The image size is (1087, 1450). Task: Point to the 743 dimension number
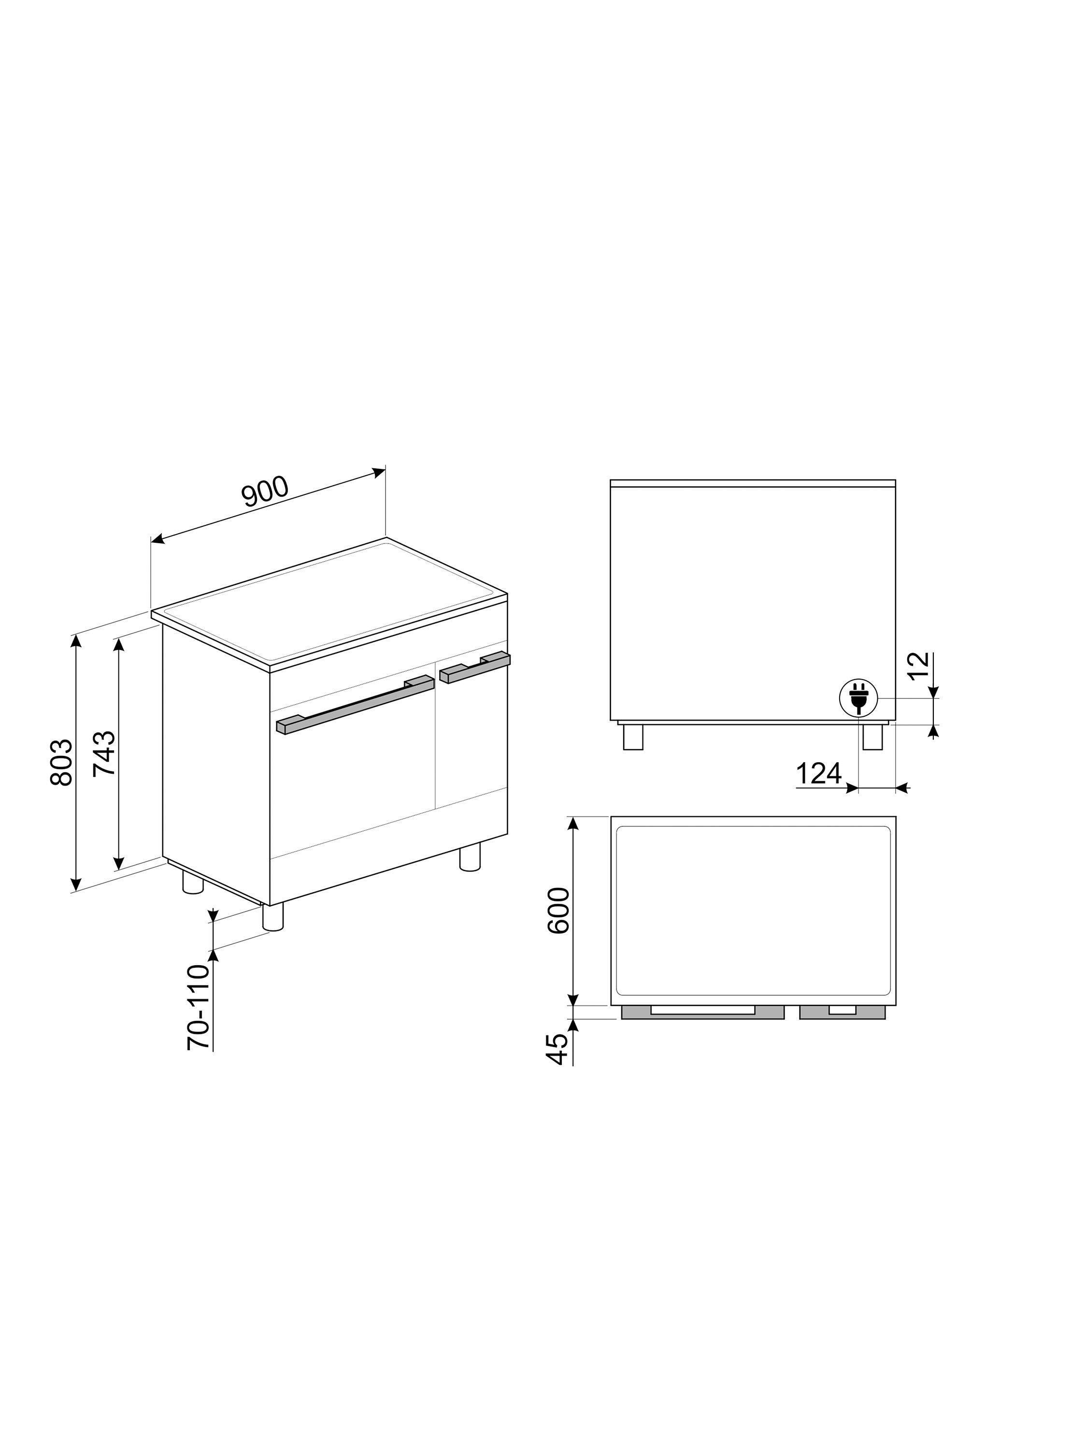coord(104,753)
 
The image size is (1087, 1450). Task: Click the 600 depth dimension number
coord(558,911)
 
